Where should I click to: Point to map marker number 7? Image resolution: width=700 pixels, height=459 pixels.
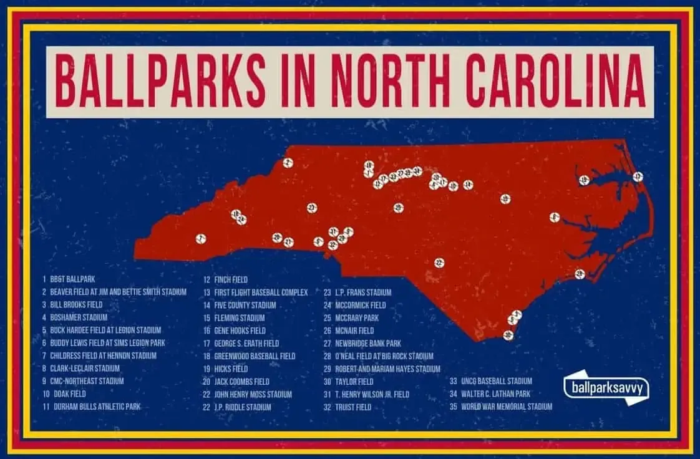coord(201,238)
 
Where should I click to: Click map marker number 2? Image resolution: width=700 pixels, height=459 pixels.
coord(288,163)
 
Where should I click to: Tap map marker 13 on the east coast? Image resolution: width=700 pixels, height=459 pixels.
coord(637,176)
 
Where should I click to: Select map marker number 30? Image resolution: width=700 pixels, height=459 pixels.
coord(508,336)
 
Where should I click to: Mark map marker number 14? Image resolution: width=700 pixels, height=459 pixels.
coord(468,185)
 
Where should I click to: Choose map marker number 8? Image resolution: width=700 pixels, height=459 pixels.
coord(554,217)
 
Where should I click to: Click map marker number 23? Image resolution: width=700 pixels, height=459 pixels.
coord(312,208)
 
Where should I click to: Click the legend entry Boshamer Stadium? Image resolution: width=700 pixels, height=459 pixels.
coord(79,317)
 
